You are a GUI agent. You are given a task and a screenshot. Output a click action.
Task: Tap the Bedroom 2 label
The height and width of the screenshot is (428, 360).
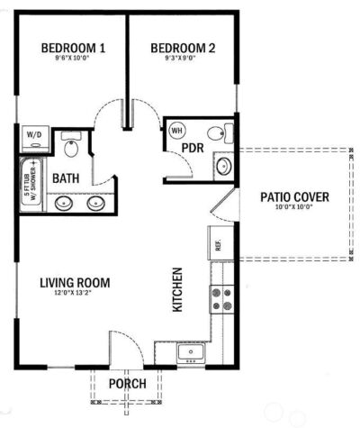click(x=181, y=49)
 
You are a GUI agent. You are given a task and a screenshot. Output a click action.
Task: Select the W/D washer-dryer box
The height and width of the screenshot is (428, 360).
click(x=35, y=138)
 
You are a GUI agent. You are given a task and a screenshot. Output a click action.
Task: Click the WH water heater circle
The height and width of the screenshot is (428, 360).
click(x=176, y=130)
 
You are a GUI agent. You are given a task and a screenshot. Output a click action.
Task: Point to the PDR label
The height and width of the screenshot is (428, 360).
click(x=192, y=148)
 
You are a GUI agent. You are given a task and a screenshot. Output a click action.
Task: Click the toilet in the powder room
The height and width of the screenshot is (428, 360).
click(x=226, y=133)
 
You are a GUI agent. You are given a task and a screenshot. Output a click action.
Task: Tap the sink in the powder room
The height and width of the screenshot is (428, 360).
click(x=223, y=166)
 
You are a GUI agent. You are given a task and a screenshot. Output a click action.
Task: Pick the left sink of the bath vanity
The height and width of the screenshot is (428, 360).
click(x=65, y=204)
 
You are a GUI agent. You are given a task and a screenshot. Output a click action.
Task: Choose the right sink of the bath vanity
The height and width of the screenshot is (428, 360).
click(x=95, y=204)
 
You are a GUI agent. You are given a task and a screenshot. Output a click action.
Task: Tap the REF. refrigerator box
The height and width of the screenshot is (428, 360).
click(x=217, y=242)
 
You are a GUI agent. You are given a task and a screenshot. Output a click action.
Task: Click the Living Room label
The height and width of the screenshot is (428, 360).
click(x=75, y=283)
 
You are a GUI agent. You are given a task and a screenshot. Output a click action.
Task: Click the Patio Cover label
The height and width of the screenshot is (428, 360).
click(x=294, y=197)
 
